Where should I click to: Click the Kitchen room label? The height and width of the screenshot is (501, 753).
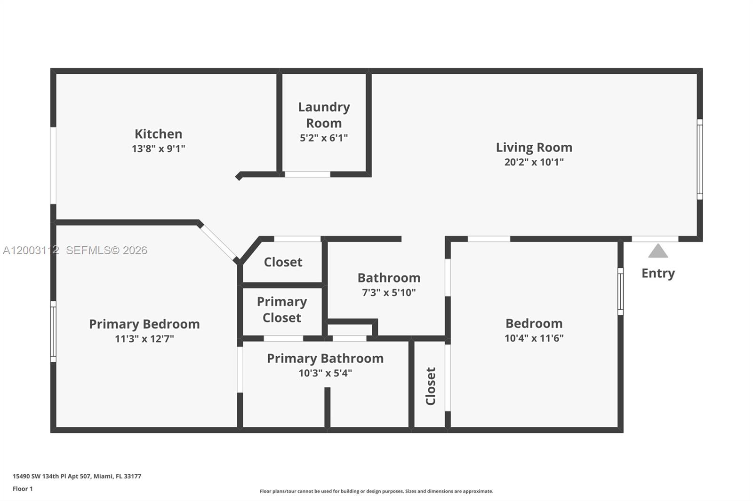[x=158, y=134]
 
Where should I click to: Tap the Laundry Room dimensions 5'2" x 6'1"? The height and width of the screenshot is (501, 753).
[x=324, y=138]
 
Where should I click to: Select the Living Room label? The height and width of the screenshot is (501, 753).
[x=534, y=148]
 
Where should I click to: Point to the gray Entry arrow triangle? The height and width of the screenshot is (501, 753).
[x=657, y=252]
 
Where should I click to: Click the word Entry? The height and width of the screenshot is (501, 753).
[x=657, y=273]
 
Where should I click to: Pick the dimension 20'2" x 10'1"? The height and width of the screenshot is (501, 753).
[x=534, y=162]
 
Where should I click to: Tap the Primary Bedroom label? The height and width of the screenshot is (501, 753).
[x=144, y=324]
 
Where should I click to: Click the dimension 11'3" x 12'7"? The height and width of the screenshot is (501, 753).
[x=144, y=339]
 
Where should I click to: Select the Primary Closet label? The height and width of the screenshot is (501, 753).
[x=281, y=310]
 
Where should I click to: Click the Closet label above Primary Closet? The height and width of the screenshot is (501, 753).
[x=282, y=262]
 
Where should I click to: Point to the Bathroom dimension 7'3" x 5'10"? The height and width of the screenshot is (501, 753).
[x=388, y=293]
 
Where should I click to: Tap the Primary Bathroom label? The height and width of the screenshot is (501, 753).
[x=325, y=359]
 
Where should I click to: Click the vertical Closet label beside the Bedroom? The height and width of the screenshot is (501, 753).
[x=430, y=386]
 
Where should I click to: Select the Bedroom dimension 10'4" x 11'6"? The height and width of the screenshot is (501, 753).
[x=534, y=338]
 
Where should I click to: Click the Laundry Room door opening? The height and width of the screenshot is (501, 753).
[x=307, y=174]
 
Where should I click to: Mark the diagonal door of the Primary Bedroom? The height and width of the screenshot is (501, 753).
[x=218, y=243]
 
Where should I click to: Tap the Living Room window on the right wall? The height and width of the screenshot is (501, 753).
[x=699, y=159]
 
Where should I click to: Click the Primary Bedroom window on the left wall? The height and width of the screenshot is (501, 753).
[x=53, y=332]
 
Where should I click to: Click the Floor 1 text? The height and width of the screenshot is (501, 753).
[x=23, y=489]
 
